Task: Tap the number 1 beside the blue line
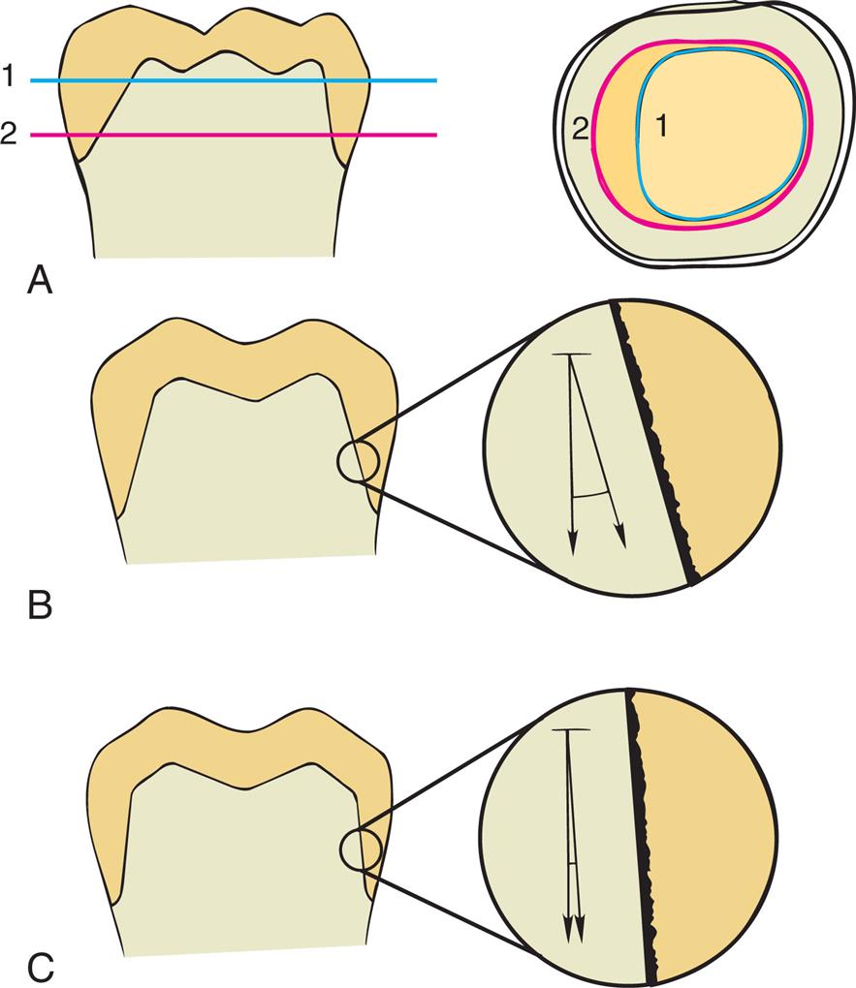[10, 78]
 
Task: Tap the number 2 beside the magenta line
[10, 135]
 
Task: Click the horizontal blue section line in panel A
[233, 81]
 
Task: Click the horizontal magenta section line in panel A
[233, 136]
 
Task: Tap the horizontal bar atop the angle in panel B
[569, 355]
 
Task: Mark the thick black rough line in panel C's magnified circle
[641, 833]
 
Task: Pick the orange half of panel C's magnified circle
[708, 833]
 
